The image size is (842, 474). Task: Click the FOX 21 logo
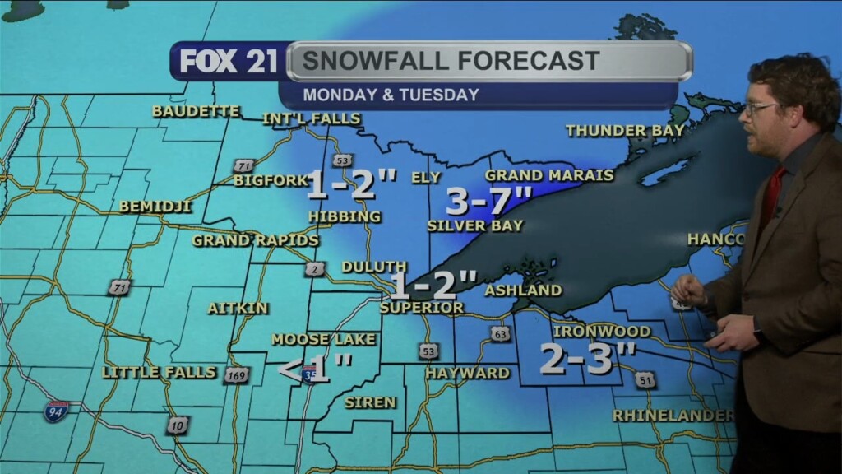pos(229,62)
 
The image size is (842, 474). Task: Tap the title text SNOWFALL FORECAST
pos(450,61)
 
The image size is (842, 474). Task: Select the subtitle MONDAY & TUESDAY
pos(391,95)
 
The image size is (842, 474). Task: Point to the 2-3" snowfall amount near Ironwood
pos(588,359)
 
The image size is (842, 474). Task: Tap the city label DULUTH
pos(374,267)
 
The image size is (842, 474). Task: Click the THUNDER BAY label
pos(613,131)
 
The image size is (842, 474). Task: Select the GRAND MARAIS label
pos(549,175)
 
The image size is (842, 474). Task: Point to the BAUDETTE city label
pos(196,111)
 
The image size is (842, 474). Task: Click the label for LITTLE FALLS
pos(160,373)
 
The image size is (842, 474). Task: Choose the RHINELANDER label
pos(673,416)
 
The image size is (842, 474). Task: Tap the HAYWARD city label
pos(467,373)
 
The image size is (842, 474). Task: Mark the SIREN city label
pos(370,402)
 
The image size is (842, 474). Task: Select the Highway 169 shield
pos(236,374)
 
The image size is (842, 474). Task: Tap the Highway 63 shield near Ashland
pos(500,333)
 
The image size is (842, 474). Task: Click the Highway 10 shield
pos(178,425)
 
